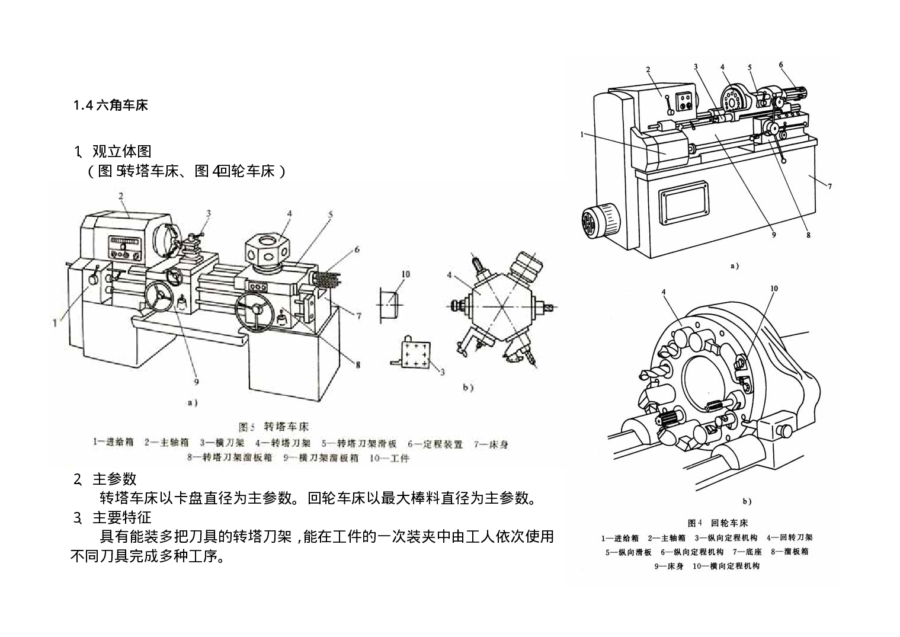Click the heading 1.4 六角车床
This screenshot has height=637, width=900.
coord(110,105)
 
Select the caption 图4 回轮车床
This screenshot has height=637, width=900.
coord(718,523)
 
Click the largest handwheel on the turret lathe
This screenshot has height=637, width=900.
coord(256,311)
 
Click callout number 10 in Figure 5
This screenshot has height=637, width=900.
coord(405,274)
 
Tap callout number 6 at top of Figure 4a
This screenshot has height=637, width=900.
coord(781,65)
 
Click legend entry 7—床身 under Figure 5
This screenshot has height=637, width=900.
coord(491,444)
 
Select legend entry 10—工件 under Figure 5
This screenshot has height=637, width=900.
coord(389,458)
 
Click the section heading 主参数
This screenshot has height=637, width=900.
coord(114,479)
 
